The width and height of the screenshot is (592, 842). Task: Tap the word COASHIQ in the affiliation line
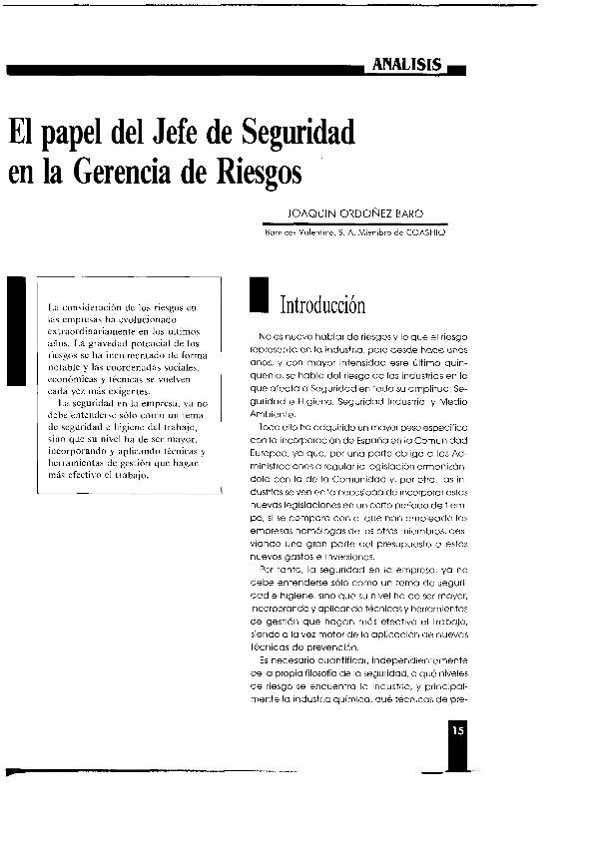426,231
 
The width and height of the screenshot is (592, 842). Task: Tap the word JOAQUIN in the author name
306,213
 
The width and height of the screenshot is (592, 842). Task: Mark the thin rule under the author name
353,223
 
